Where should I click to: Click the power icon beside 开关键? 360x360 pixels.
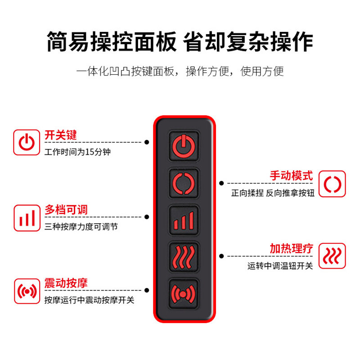(x=27, y=142)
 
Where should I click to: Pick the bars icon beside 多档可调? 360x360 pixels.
(x=27, y=218)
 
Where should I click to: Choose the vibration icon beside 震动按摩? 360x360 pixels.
(x=27, y=291)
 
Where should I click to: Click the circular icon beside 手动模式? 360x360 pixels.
(x=333, y=184)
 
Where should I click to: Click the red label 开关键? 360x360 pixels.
(x=61, y=135)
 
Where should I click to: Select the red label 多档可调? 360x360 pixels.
(x=66, y=210)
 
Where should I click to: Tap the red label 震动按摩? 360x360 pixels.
(x=66, y=283)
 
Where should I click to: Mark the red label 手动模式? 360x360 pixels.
(x=291, y=175)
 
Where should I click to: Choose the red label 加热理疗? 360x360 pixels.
(x=291, y=249)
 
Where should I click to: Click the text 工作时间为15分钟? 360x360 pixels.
(x=77, y=152)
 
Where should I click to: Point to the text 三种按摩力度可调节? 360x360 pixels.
(x=81, y=227)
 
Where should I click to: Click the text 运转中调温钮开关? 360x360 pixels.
(x=280, y=266)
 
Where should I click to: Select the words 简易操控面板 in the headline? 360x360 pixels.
(x=111, y=42)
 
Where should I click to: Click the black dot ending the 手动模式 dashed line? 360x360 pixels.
(x=221, y=183)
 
